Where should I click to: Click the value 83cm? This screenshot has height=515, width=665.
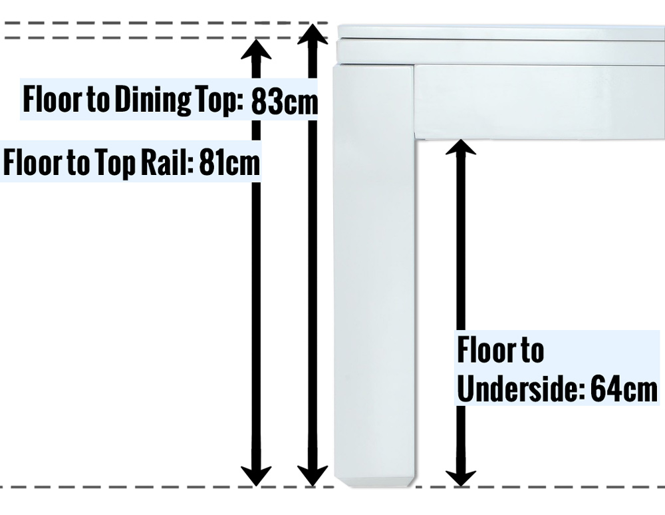point(285,102)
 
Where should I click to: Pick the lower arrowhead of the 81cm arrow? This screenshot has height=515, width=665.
point(256,476)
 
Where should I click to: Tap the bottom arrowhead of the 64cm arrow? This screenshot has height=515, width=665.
point(460,476)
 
